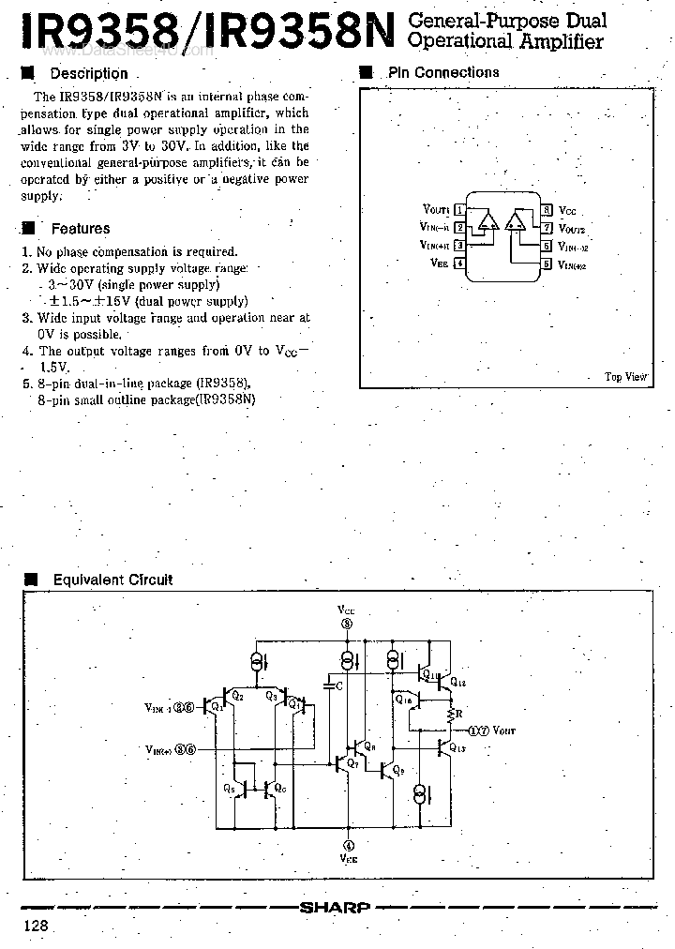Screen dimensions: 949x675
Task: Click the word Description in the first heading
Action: [88, 73]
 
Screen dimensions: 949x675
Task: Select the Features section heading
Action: [80, 228]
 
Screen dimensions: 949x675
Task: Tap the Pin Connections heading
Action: [443, 72]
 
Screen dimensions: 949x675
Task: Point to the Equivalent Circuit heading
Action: [112, 580]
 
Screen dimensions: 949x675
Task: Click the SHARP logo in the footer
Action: [335, 907]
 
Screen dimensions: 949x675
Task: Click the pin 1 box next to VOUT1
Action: [459, 210]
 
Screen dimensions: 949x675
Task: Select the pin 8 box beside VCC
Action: [546, 210]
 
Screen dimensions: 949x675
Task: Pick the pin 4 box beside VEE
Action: [459, 264]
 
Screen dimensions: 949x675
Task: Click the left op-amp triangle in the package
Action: [487, 222]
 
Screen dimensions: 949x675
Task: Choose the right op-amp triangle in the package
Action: [515, 222]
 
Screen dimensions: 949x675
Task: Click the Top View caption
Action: [625, 376]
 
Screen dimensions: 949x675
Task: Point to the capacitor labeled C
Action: [330, 686]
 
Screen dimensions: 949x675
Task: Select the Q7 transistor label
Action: [352, 764]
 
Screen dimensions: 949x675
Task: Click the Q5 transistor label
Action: [231, 789]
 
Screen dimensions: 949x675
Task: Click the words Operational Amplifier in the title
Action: [506, 41]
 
